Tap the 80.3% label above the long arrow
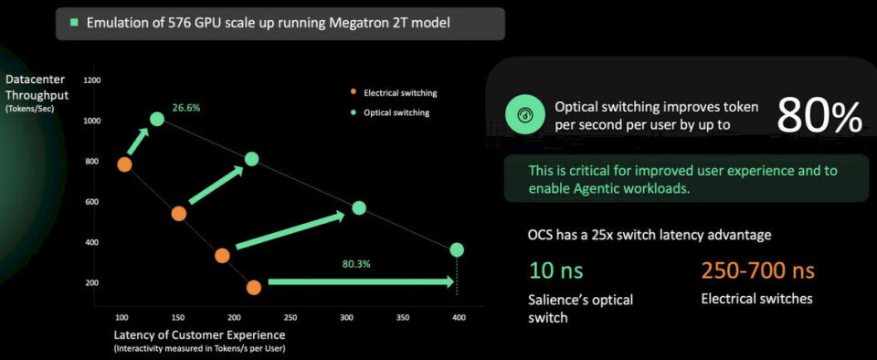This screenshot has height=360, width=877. pos(355,264)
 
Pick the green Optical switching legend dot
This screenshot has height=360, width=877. pos(353,112)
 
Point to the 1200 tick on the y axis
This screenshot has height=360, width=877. pos(91,80)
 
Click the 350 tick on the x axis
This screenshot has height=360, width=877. pos(402,318)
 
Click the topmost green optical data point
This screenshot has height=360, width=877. pos(157,119)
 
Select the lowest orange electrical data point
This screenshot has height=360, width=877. pos(253,288)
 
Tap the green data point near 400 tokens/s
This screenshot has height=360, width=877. pos(457,249)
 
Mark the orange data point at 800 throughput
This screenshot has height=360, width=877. pos(124,164)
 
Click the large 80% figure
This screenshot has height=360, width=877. pos(819,116)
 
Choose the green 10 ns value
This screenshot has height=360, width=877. pos(556,271)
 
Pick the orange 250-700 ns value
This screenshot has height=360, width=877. pos(758,271)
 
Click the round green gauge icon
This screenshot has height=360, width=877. pos(526,115)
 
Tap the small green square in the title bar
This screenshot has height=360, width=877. pos(73,24)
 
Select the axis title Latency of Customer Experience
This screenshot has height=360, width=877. pos(199,335)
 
